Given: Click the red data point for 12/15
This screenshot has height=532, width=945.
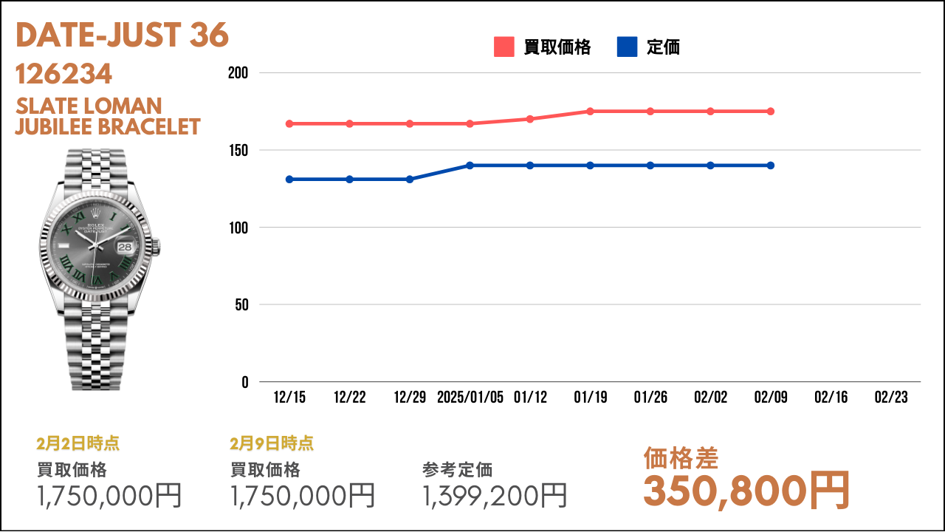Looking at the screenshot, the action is click(x=289, y=123).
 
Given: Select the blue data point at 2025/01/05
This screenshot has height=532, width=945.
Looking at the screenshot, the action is click(x=470, y=166).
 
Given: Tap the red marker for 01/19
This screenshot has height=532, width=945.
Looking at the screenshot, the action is click(x=590, y=112).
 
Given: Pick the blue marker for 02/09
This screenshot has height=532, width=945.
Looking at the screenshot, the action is click(x=770, y=166).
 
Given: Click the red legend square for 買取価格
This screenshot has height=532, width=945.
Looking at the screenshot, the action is click(x=504, y=47).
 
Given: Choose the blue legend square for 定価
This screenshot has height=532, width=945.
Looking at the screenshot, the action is click(x=627, y=47).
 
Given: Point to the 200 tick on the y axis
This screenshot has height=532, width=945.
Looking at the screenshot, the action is click(x=238, y=73).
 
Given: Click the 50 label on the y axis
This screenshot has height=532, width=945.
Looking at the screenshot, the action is click(x=241, y=305).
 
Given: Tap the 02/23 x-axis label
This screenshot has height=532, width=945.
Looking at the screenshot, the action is click(x=891, y=398).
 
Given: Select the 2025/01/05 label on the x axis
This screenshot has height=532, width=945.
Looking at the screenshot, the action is click(x=470, y=398).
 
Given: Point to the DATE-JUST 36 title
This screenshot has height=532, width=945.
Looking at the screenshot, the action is click(x=122, y=35).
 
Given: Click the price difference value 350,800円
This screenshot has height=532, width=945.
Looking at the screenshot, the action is click(x=746, y=491).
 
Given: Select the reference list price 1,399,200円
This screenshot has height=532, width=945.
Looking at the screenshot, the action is click(x=495, y=496).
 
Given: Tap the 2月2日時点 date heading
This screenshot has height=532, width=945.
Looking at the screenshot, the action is click(x=78, y=443).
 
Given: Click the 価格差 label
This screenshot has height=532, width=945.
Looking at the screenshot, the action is click(x=681, y=459).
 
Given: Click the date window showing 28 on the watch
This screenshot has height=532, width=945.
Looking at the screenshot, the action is click(x=125, y=247).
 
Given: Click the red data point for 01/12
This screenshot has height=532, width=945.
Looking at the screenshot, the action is click(x=530, y=119).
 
